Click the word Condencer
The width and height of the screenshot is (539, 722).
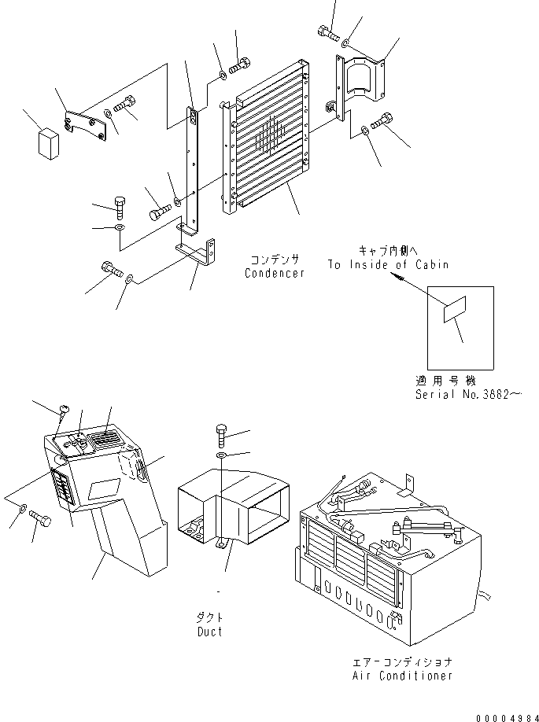pos(275,273)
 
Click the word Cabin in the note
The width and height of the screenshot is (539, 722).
pos(432,265)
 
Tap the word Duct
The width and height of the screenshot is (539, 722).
pos(209,632)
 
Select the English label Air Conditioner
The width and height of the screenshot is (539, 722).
pos(402,676)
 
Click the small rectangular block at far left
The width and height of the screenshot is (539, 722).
pos(49,143)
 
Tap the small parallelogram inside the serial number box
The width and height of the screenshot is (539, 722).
pos(455,309)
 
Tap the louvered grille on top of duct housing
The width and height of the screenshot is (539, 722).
pos(105,440)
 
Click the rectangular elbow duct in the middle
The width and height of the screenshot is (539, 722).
pos(234,508)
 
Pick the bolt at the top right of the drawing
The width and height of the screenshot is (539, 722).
pos(327,33)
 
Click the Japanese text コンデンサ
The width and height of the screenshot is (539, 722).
pos(275,260)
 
